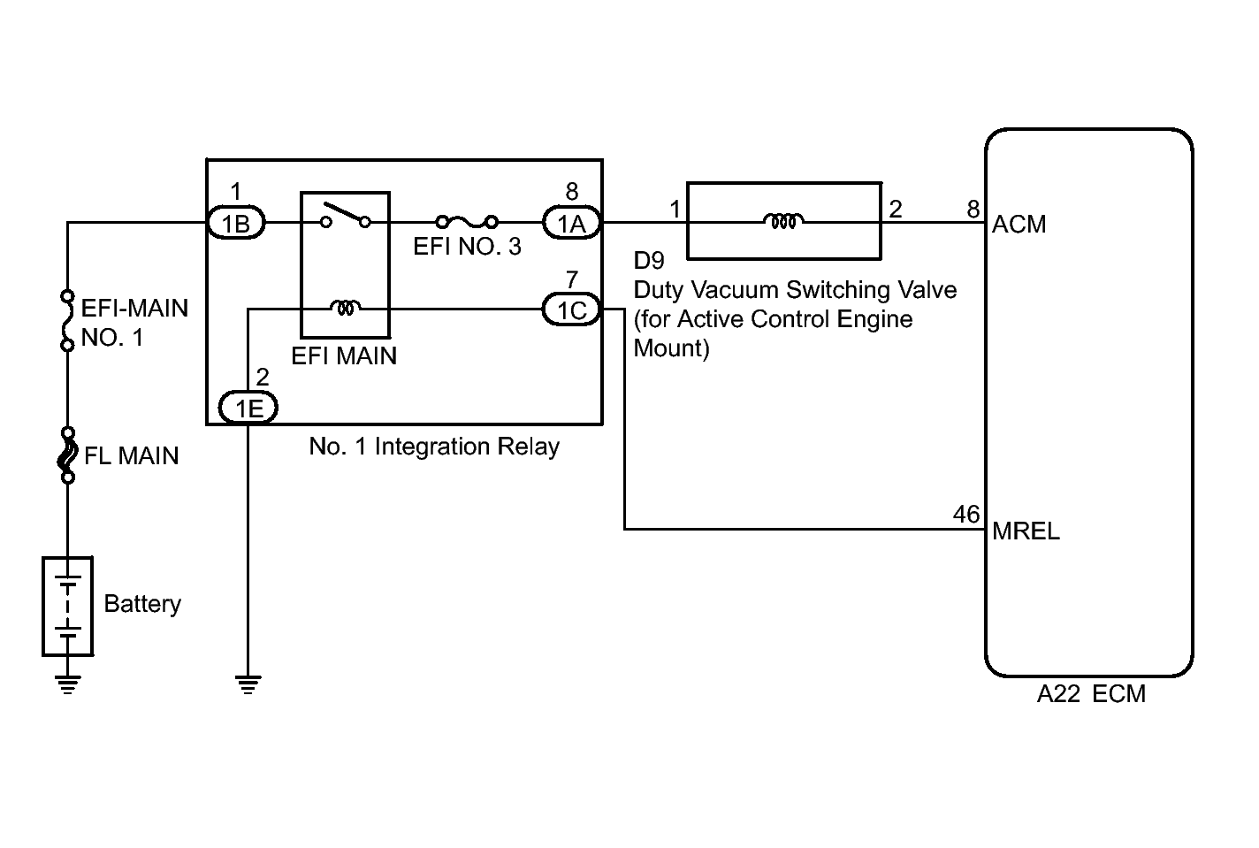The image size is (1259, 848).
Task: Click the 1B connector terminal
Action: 236,224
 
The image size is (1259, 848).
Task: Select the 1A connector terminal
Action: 572,224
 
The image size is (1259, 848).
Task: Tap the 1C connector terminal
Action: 572,309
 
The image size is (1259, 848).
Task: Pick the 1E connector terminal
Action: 248,408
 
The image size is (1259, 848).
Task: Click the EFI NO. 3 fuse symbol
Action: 467,223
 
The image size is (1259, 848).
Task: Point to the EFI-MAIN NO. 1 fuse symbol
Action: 67,321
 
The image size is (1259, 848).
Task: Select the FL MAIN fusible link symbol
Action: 67,455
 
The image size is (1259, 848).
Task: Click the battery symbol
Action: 67,607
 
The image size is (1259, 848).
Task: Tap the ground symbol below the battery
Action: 67,685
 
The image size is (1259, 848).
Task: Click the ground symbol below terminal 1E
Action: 248,685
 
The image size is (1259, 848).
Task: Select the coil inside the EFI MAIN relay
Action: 345,308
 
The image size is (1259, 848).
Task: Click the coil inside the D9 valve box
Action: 783,221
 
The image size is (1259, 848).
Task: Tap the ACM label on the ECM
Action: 1019,225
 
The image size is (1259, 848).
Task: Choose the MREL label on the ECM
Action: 1026,531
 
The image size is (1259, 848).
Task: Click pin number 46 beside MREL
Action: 966,515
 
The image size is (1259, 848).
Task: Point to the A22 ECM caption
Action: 1091,694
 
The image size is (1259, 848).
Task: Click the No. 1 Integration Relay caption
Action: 434,447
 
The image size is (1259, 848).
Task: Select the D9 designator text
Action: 649,260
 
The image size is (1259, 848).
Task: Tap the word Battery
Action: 142,604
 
